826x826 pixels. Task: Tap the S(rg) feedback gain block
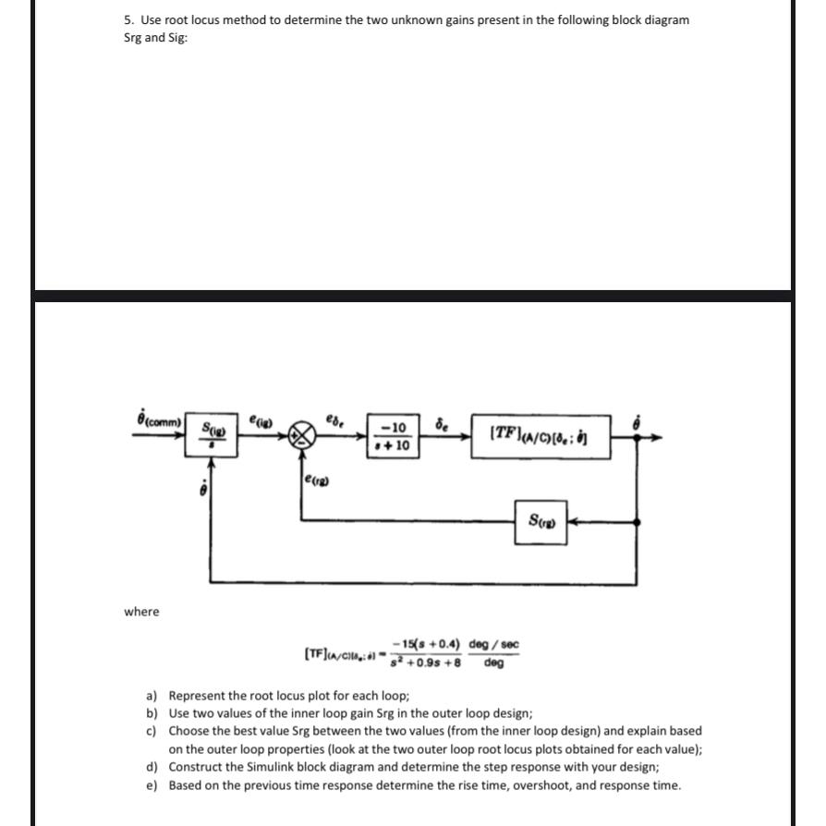click(541, 522)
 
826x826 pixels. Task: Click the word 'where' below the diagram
click(141, 612)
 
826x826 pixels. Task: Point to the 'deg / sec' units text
click(494, 644)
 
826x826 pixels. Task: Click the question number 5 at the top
click(128, 20)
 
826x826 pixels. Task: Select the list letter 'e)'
click(152, 785)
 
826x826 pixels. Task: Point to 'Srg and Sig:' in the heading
click(155, 39)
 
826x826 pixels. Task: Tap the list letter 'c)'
click(152, 731)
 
